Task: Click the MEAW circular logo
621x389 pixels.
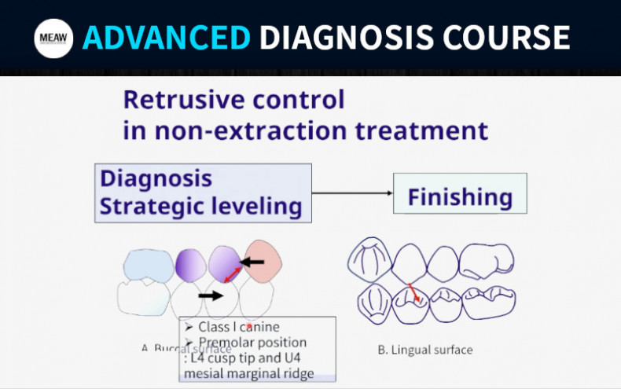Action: (53, 38)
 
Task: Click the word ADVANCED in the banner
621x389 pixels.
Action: (167, 38)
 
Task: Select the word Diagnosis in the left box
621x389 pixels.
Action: (156, 178)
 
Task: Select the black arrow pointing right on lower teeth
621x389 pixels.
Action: (211, 296)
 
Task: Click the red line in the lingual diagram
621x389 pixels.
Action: (412, 294)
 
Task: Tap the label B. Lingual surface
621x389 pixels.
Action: (425, 349)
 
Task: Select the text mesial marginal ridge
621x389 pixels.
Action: (248, 373)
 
